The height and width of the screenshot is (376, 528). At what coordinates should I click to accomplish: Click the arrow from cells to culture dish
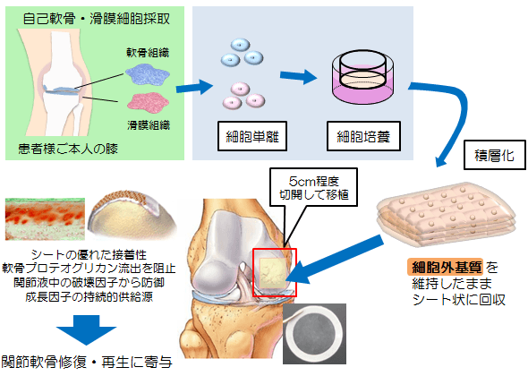click(x=300, y=79)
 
